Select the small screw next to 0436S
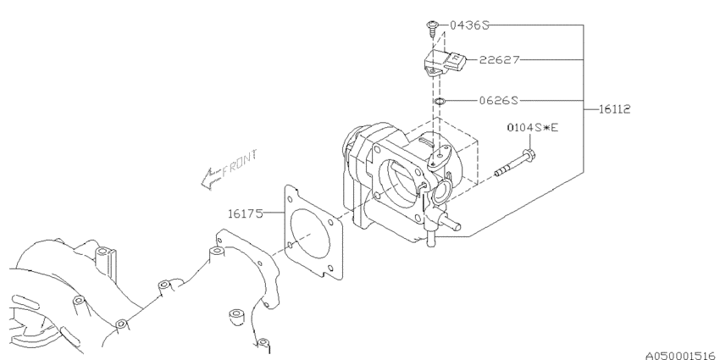coord(432,29)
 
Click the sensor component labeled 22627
coord(444,60)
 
